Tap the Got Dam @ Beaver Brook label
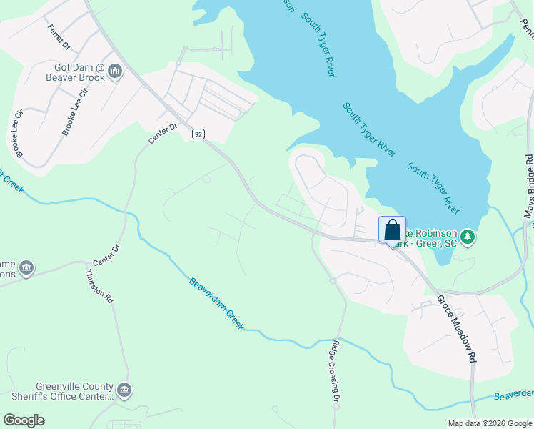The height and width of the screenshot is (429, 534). tap(74, 72)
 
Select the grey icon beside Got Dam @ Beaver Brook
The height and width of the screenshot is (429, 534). tap(115, 71)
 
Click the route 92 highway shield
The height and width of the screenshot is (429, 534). tap(198, 134)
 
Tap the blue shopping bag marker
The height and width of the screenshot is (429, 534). tap(392, 230)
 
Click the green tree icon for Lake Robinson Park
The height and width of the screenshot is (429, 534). tap(468, 236)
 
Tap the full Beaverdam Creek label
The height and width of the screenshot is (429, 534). tap(216, 304)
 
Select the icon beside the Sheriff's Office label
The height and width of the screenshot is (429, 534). tap(125, 390)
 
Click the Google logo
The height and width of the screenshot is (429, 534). tap(24, 420)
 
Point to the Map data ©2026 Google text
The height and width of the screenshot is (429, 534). tap(489, 423)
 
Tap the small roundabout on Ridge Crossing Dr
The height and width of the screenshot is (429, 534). tap(333, 281)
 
